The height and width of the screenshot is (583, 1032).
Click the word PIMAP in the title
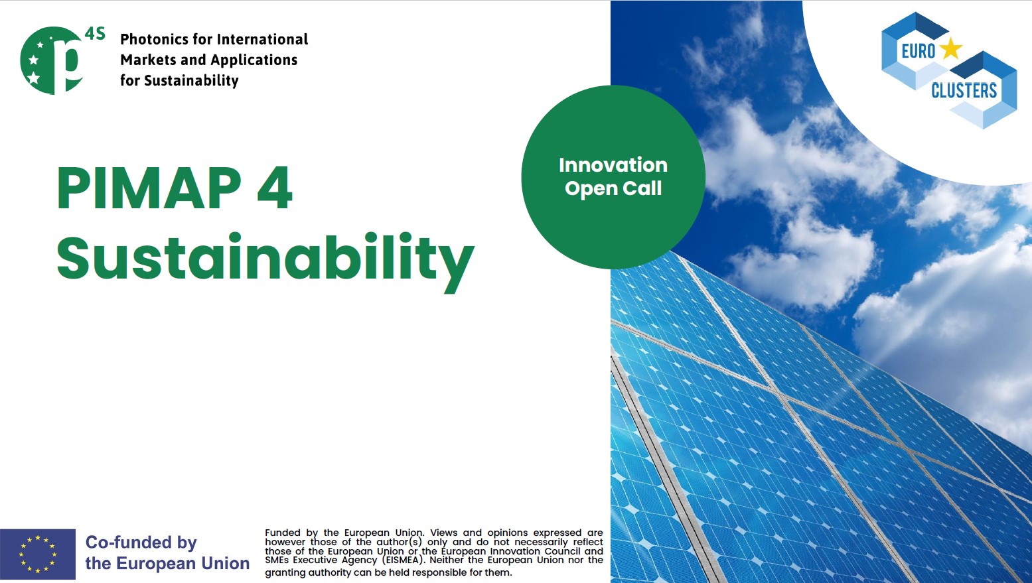pyautogui.click(x=149, y=188)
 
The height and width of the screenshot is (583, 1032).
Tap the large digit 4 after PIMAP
pyautogui.click(x=275, y=188)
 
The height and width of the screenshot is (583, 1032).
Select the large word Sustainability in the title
pyautogui.click(x=265, y=261)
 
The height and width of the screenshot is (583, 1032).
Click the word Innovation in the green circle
pyautogui.click(x=613, y=165)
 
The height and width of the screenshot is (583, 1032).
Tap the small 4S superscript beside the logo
pyautogui.click(x=96, y=34)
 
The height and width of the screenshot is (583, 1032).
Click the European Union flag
pyautogui.click(x=38, y=554)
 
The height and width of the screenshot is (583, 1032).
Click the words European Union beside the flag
pyautogui.click(x=183, y=563)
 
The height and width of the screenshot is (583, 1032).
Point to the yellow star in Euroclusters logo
pyautogui.click(x=951, y=49)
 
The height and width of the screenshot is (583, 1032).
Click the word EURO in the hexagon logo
pyautogui.click(x=919, y=51)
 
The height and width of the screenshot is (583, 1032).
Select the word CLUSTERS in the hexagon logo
pyautogui.click(x=964, y=90)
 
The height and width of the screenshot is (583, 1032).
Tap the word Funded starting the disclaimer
pyautogui.click(x=283, y=533)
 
